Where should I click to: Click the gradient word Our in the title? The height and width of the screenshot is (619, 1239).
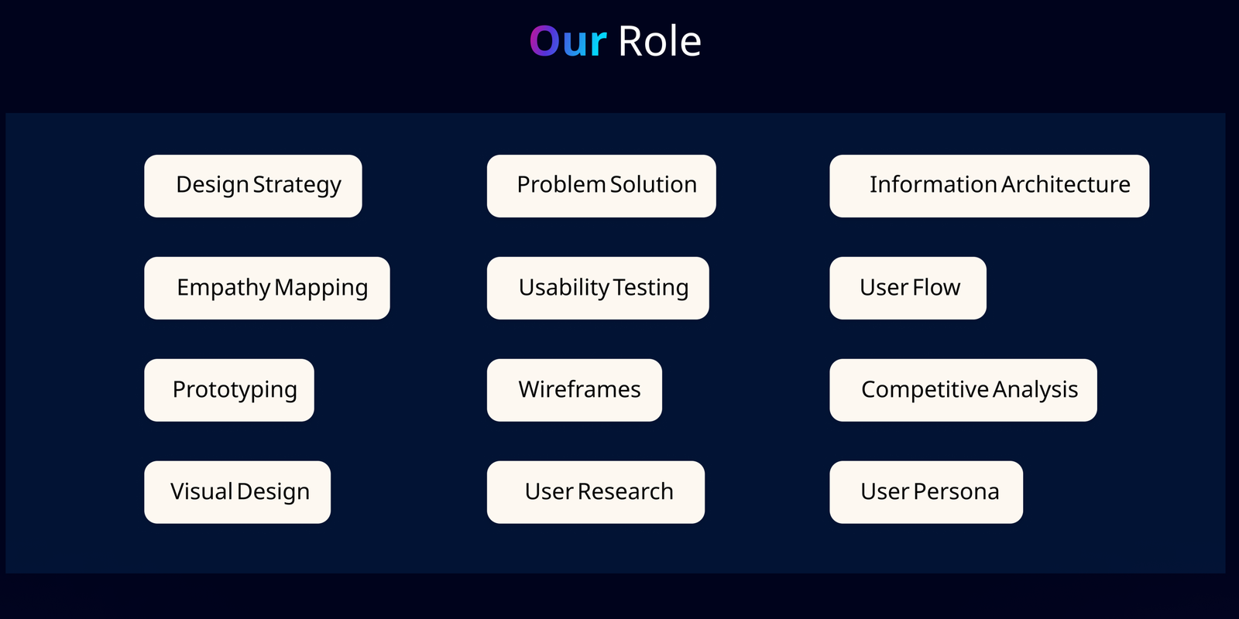coord(568,42)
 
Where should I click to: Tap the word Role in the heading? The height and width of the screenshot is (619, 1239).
coord(659,42)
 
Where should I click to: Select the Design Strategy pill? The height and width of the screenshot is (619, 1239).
coord(253,186)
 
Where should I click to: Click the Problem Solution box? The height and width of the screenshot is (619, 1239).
coord(601,186)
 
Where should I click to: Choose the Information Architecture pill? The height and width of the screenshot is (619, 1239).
coord(990,186)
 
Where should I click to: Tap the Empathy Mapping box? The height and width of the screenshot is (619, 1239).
coord(267,288)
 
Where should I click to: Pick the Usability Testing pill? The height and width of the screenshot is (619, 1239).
coord(598,288)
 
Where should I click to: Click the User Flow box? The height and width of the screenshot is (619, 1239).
coord(908,288)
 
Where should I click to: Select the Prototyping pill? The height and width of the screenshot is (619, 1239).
coord(229,390)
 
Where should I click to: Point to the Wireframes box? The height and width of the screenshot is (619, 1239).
coord(574,390)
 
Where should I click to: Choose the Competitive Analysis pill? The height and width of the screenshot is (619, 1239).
coord(963,390)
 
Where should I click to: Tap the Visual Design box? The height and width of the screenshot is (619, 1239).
coord(237,492)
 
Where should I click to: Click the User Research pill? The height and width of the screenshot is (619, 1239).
coord(595,492)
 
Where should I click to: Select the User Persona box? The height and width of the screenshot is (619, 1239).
coord(926,492)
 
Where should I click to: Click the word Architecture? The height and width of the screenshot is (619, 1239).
coord(1066,184)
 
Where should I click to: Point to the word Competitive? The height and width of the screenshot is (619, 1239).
coord(925,390)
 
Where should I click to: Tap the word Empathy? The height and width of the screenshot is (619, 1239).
coord(224,288)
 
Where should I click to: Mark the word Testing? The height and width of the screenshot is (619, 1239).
coord(651,288)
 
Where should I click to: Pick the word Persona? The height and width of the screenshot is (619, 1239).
coord(956,491)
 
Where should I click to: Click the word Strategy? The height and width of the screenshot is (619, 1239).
coord(297,185)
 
